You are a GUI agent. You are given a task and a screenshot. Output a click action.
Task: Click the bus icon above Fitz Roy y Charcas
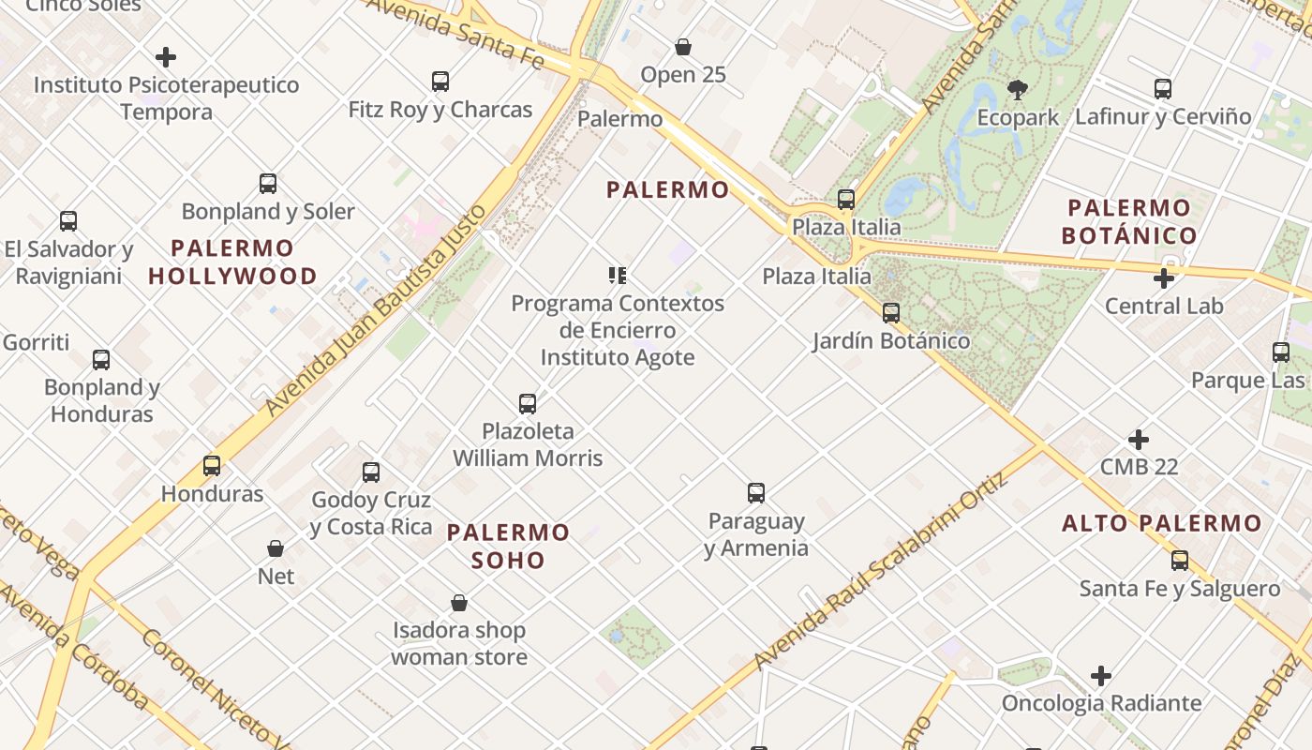pyautogui.click(x=440, y=82)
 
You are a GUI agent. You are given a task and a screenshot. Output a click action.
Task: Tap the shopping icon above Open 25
pyautogui.click(x=683, y=47)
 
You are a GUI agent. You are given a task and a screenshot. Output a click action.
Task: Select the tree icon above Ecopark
pyautogui.click(x=1018, y=90)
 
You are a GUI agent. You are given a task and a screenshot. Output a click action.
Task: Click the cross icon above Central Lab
pyautogui.click(x=1164, y=278)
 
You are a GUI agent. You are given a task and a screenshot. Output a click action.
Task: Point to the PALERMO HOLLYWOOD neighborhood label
pyautogui.click(x=232, y=262)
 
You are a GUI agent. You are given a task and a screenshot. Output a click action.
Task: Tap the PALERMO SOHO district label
pyautogui.click(x=508, y=547)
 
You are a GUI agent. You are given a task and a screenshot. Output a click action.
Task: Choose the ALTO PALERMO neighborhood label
pyautogui.click(x=1162, y=524)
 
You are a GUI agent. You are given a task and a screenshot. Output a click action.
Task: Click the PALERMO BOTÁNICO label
pyautogui.click(x=1129, y=221)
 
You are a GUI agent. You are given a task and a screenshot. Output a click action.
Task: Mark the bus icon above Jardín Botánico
pyautogui.click(x=891, y=313)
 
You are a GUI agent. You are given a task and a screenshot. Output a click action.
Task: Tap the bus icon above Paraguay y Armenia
pyautogui.click(x=756, y=493)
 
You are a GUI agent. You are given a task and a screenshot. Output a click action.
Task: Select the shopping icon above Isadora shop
pyautogui.click(x=459, y=603)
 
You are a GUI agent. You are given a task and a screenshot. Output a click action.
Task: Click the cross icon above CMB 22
pyautogui.click(x=1139, y=440)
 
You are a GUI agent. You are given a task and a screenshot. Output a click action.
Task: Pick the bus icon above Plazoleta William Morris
pyautogui.click(x=528, y=404)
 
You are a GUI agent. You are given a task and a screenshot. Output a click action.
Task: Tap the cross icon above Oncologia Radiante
pyautogui.click(x=1101, y=676)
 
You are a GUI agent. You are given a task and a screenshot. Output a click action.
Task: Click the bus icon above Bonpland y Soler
pyautogui.click(x=268, y=184)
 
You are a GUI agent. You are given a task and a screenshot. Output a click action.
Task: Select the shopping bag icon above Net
pyautogui.click(x=276, y=548)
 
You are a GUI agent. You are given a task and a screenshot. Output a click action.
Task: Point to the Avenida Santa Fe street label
pyautogui.click(x=455, y=33)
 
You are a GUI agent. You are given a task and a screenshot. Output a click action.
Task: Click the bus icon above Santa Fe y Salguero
pyautogui.click(x=1180, y=561)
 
